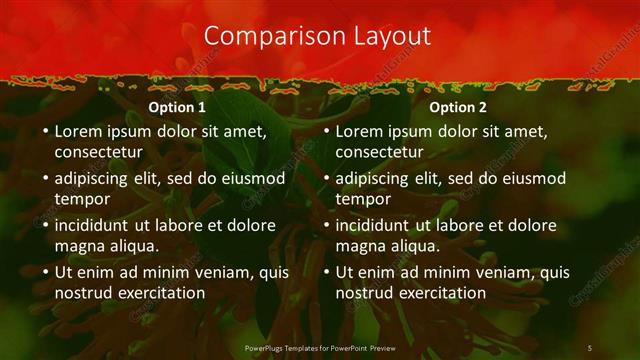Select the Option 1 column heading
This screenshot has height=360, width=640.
pyautogui.click(x=177, y=107)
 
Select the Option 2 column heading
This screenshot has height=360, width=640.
pyautogui.click(x=458, y=107)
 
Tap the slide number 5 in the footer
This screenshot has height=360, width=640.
pyautogui.click(x=589, y=347)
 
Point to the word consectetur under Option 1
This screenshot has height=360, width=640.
pyautogui.click(x=98, y=152)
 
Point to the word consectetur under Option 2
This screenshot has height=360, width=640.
pyautogui.click(x=379, y=152)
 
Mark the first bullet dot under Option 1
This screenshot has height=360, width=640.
pyautogui.click(x=45, y=131)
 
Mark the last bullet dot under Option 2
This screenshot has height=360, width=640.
pyautogui.click(x=326, y=272)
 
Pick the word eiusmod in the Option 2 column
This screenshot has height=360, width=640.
pyautogui.click(x=531, y=178)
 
